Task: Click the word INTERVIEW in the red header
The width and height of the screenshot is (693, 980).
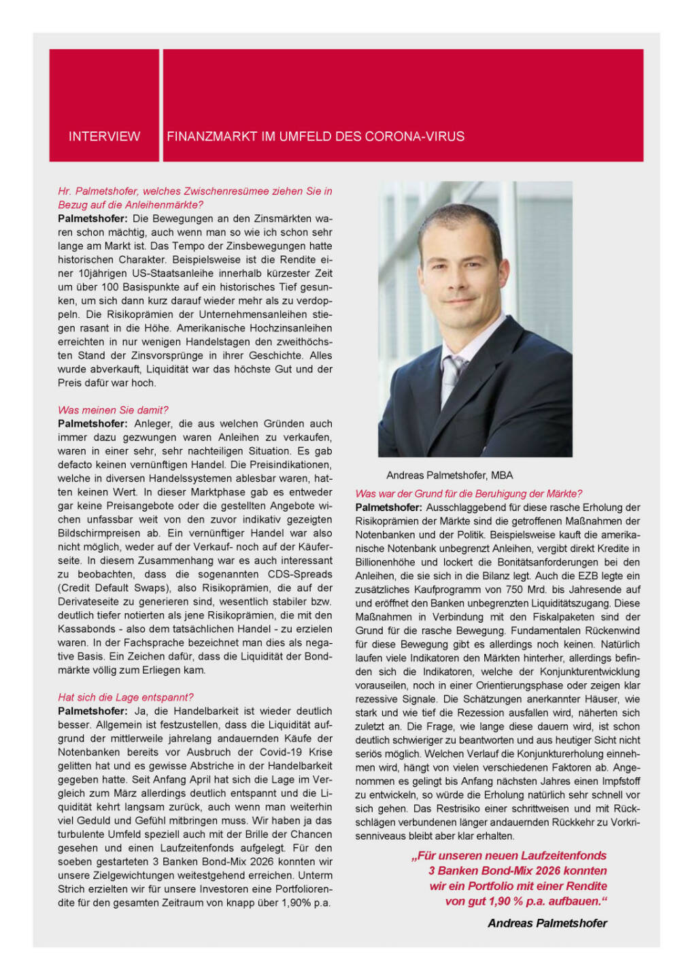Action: [104, 136]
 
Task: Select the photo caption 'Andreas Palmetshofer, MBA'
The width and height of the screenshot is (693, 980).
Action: [450, 475]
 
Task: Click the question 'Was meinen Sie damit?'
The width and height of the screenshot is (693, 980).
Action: [113, 410]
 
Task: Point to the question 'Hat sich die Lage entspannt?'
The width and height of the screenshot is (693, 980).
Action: [126, 697]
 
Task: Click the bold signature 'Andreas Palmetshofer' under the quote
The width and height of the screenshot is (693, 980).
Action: [547, 923]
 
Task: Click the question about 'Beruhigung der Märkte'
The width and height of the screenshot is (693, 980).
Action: [469, 493]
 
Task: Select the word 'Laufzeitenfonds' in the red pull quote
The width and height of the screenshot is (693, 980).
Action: [564, 855]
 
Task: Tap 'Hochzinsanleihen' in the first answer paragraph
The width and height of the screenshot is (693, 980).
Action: [288, 328]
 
